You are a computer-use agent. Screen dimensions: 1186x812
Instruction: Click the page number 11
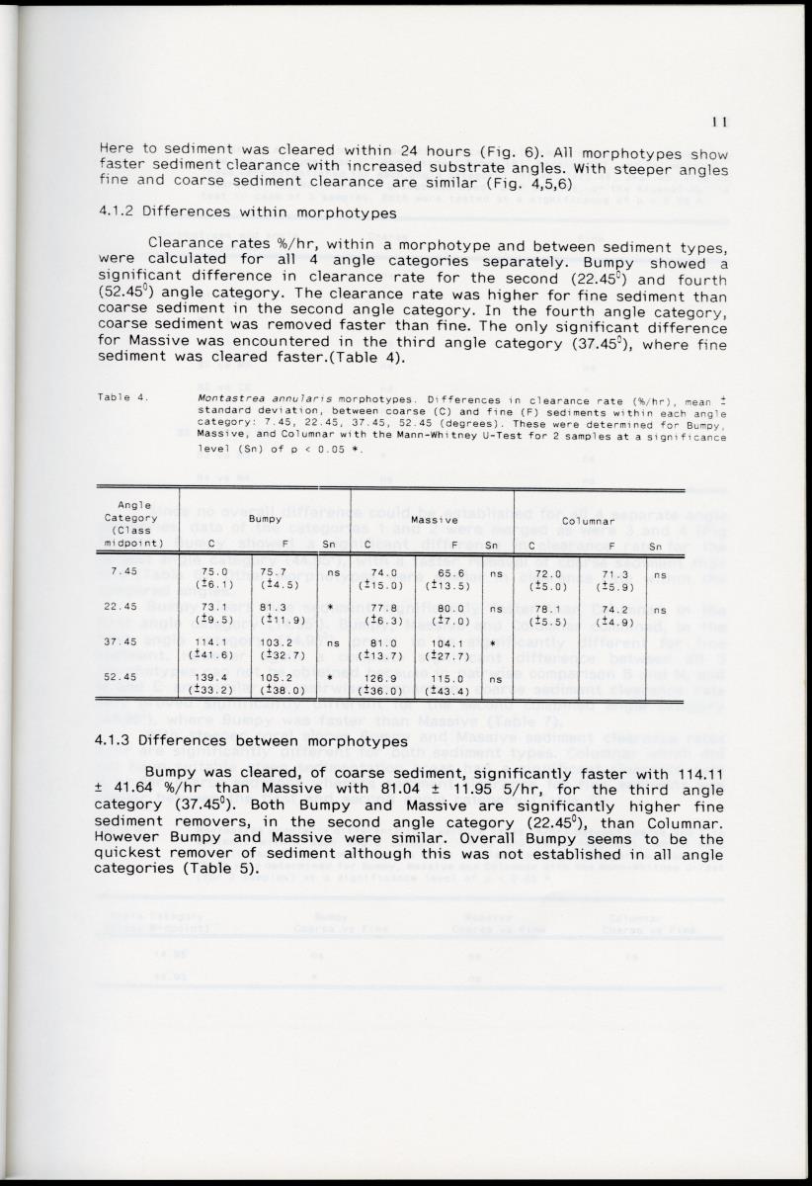pos(719,122)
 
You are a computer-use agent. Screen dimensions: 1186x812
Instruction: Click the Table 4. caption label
pos(123,397)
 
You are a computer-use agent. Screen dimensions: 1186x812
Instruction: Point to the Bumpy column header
pos(265,518)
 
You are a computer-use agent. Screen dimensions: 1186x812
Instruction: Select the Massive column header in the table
pos(432,518)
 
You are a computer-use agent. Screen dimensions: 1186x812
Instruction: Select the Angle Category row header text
pos(136,517)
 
